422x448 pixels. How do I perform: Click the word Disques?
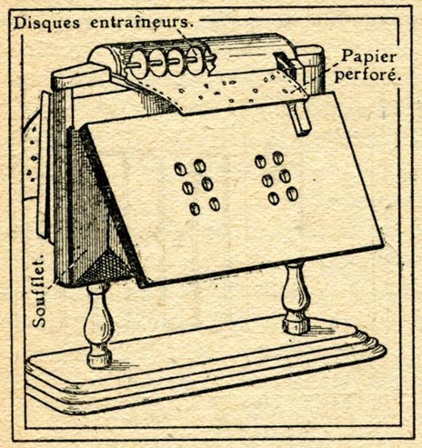click(47, 24)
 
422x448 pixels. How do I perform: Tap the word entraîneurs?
click(142, 23)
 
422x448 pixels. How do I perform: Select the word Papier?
click(369, 57)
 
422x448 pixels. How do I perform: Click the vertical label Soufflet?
click(39, 290)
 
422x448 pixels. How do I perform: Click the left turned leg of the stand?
click(98, 325)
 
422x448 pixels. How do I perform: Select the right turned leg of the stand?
click(296, 297)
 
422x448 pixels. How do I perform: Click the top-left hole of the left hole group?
click(180, 169)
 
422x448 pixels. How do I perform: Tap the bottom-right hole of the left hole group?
click(215, 204)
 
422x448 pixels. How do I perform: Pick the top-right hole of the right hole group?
click(278, 158)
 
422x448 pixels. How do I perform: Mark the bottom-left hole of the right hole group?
click(274, 198)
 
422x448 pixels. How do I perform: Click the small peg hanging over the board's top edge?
click(298, 117)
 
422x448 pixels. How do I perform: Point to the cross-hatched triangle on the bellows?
click(105, 265)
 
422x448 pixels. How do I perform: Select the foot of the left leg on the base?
click(99, 360)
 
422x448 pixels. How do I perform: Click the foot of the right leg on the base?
click(296, 325)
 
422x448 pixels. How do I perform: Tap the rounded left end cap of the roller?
click(102, 58)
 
